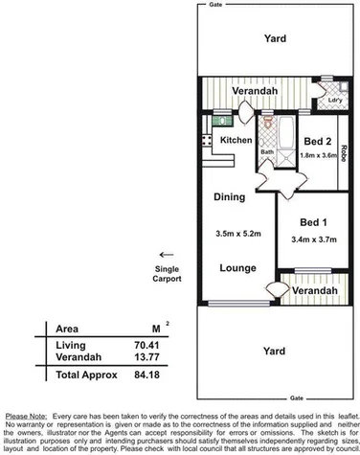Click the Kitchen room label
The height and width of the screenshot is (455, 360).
[x=236, y=141]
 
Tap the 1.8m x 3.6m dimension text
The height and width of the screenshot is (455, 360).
[x=320, y=154]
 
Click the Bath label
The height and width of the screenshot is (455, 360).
[x=267, y=151]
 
